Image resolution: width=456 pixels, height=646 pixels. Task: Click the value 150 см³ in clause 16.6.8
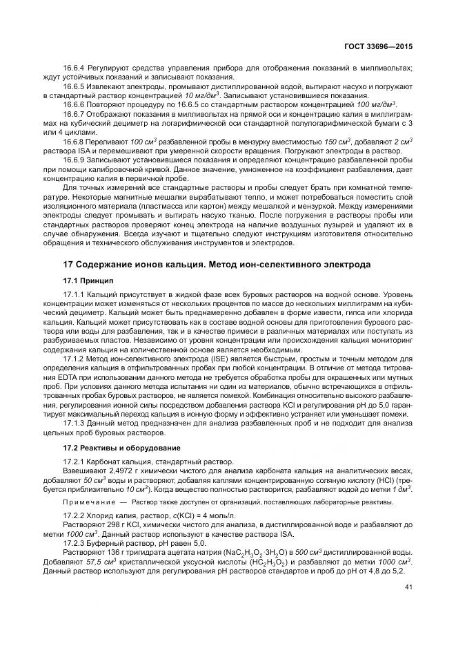(x=328, y=141)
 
